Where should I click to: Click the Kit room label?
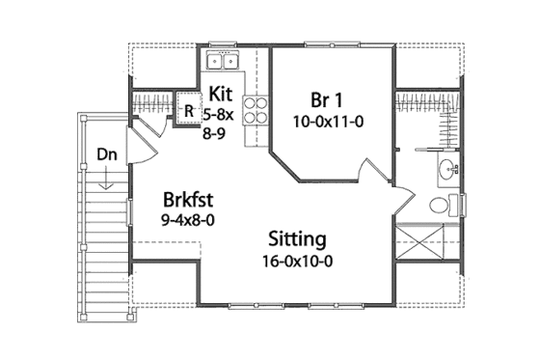click(x=220, y=95)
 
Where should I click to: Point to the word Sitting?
click(x=296, y=238)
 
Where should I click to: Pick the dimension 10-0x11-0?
click(x=328, y=123)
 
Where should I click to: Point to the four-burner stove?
click(x=256, y=113)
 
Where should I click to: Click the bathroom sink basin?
click(x=446, y=172)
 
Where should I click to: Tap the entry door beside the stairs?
click(x=138, y=145)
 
